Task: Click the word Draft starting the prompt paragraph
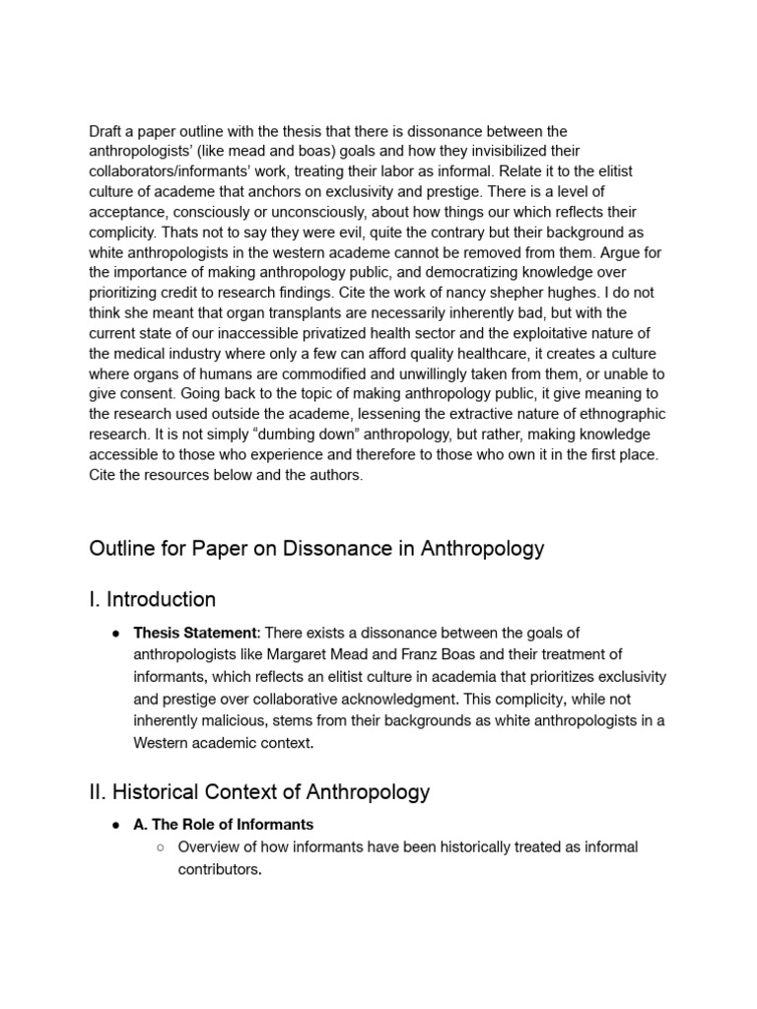point(106,131)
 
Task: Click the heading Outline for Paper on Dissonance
point(316,549)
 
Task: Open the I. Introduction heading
point(153,599)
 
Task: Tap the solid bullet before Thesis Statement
point(116,633)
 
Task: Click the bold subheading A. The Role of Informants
point(224,825)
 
